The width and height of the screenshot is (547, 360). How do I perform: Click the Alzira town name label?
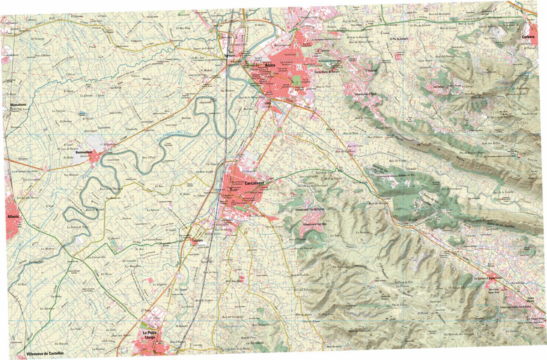coord(270,66)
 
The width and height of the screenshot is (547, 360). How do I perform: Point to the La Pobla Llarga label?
coord(150,335)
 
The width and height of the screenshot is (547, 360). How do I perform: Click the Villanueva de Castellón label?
coord(45,354)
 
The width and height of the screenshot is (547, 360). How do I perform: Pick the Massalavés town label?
coord(17,105)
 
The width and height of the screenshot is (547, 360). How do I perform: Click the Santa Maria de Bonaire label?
coord(330,71)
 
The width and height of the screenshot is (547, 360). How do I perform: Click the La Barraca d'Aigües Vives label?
coord(490,278)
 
